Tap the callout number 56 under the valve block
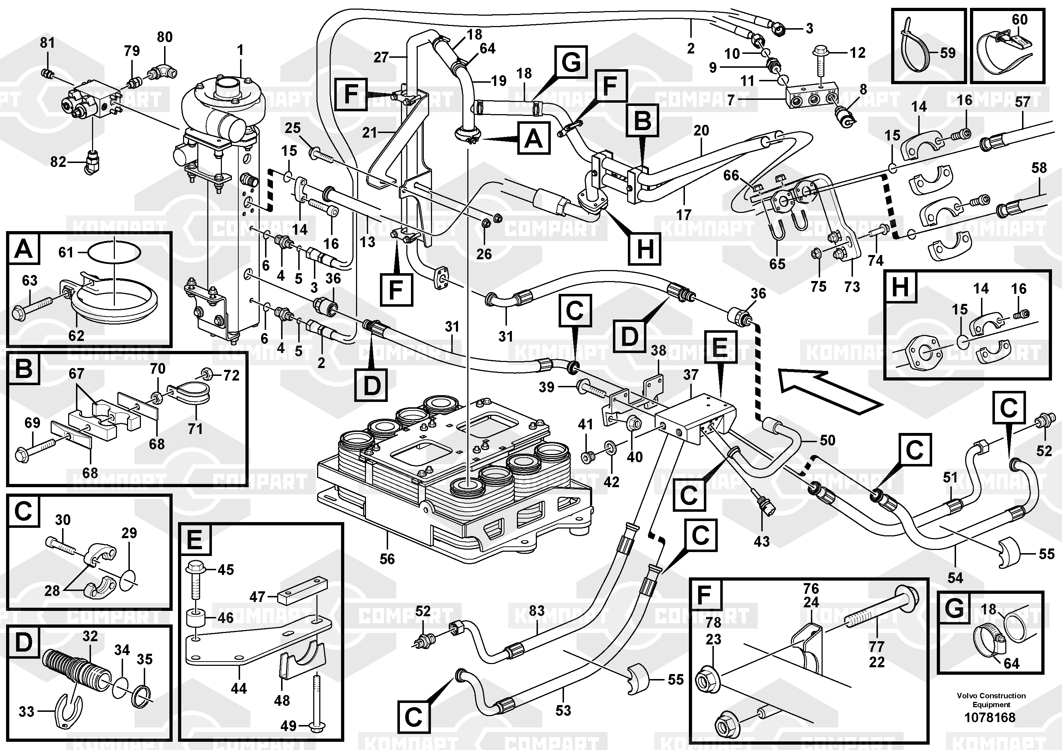tap(387, 559)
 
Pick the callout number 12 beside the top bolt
tap(857, 53)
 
